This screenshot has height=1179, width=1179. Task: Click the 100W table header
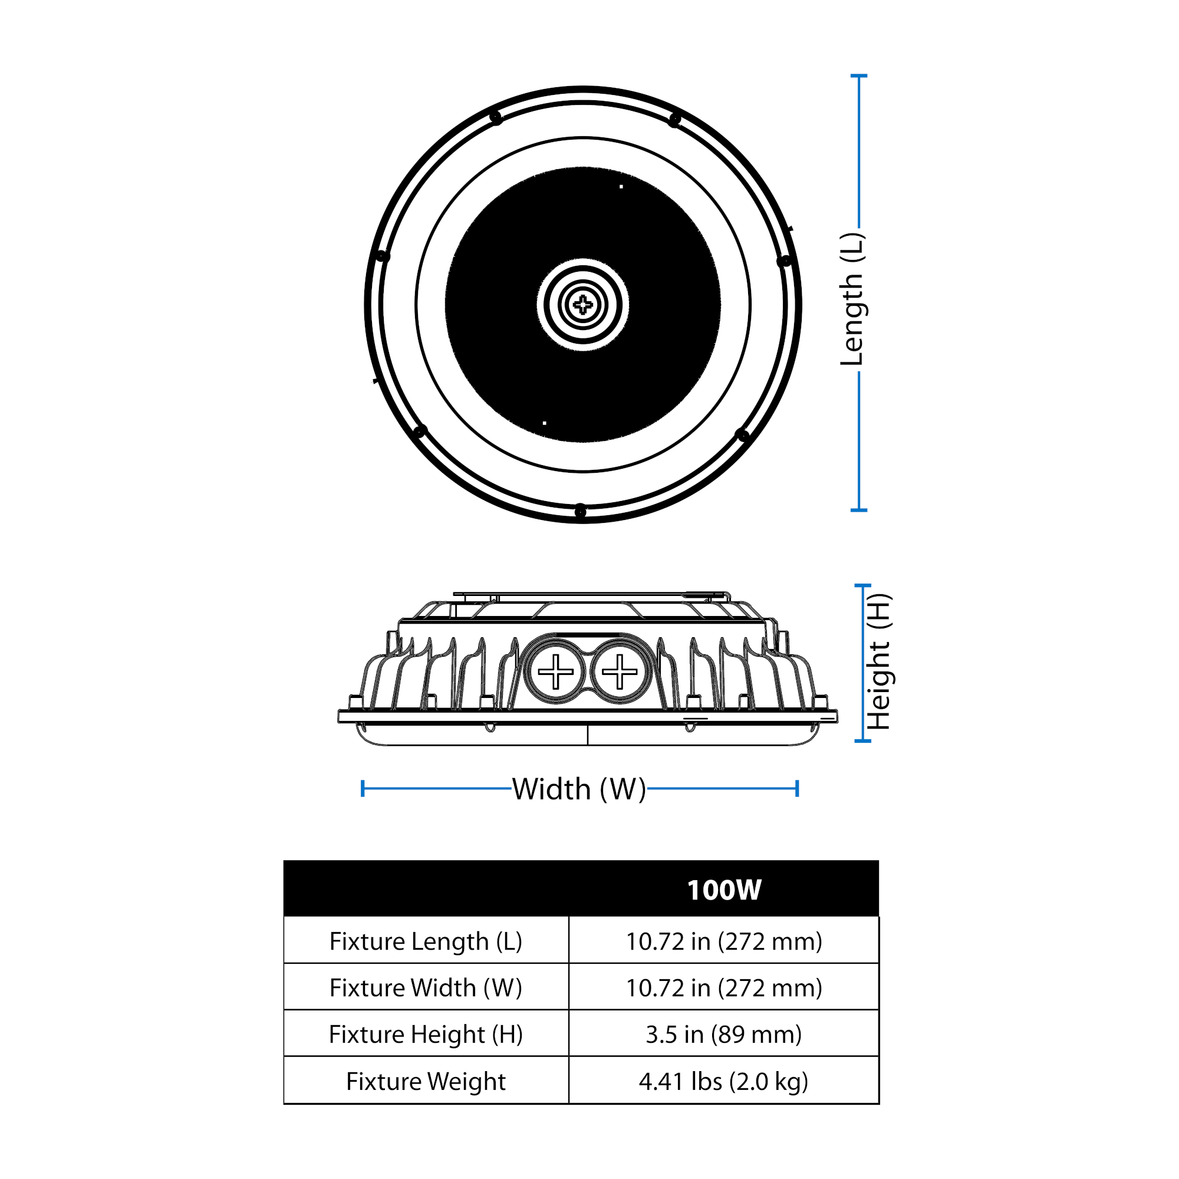pyautogui.click(x=724, y=890)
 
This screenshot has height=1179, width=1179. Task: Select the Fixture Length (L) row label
pyautogui.click(x=426, y=941)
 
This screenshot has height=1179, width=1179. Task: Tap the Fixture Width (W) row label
pyautogui.click(x=426, y=988)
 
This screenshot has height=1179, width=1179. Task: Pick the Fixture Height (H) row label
pyautogui.click(x=426, y=1035)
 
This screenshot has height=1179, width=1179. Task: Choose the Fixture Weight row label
pyautogui.click(x=426, y=1081)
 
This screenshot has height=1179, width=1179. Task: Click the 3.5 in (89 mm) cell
pyautogui.click(x=724, y=1035)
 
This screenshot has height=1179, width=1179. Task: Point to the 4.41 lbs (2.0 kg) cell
pyautogui.click(x=724, y=1081)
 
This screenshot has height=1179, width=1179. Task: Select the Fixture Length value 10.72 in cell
pyautogui.click(x=724, y=941)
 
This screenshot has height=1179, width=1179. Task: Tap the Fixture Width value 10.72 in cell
pyautogui.click(x=724, y=988)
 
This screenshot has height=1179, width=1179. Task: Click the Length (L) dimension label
pyautogui.click(x=852, y=299)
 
